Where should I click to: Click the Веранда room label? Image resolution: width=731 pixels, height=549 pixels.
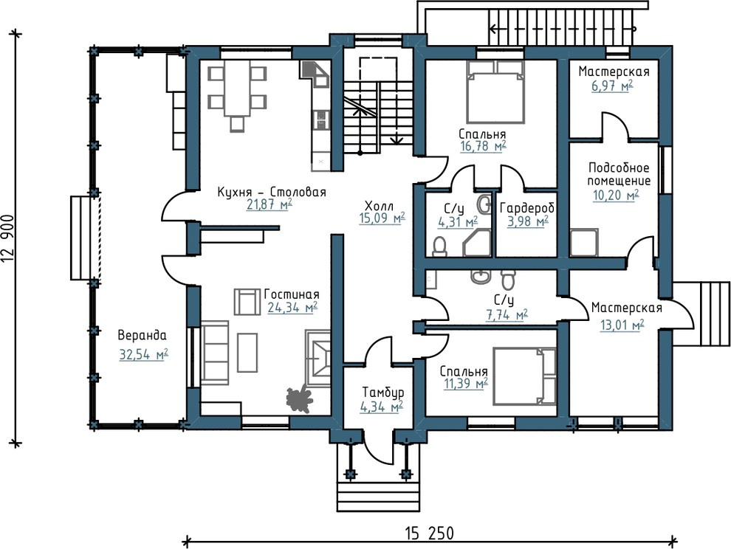(x=142, y=335)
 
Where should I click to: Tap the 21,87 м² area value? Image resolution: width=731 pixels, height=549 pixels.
(x=269, y=204)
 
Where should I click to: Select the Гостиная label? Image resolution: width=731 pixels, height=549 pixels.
(x=292, y=294)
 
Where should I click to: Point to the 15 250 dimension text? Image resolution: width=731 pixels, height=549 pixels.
(x=429, y=532)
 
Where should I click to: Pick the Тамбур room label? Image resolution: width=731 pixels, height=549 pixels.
(x=383, y=393)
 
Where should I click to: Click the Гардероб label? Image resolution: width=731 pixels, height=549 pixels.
(x=526, y=208)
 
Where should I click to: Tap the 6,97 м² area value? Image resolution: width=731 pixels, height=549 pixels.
(x=613, y=86)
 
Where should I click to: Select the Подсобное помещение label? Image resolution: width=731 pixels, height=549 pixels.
(x=619, y=174)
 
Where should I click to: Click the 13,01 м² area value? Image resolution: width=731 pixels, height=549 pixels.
(x=622, y=325)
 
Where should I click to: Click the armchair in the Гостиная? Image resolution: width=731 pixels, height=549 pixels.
(x=247, y=302)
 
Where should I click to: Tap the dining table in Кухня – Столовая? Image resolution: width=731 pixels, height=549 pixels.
(x=237, y=91)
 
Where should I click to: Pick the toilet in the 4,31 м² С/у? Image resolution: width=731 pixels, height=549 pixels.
(x=439, y=246)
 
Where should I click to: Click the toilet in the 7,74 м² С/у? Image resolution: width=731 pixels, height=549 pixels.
(x=508, y=279)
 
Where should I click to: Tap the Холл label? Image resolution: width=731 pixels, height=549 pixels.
(x=379, y=206)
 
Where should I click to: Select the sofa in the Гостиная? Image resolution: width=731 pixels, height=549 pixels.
(x=215, y=352)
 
